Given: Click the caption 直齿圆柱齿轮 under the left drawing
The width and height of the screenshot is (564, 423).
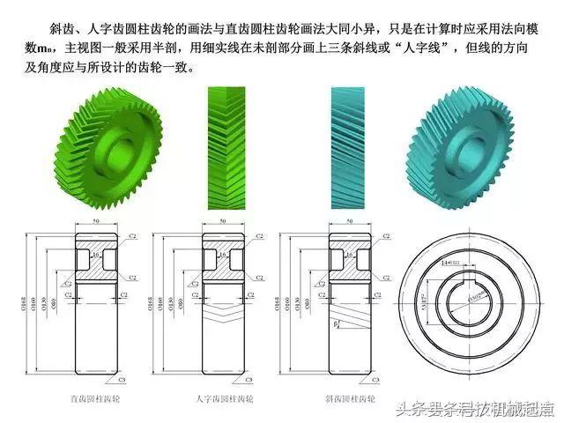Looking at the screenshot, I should point(96,399).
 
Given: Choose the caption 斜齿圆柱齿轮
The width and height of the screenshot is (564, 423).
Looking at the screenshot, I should point(349,399).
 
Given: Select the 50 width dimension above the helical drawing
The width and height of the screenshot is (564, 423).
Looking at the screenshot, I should point(349,221).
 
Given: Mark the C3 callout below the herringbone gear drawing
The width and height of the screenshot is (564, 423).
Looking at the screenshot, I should point(249,381).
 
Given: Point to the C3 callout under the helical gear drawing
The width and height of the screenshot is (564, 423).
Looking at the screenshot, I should point(375,381).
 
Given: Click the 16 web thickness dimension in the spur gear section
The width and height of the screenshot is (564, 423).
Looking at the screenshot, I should point(96,255).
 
